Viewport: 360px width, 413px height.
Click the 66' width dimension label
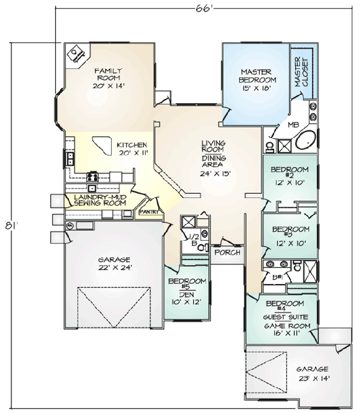pyautogui.click(x=204, y=8)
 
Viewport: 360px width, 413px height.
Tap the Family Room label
pyautogui.click(x=108, y=74)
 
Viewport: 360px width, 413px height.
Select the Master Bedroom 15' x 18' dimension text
pyautogui.click(x=257, y=88)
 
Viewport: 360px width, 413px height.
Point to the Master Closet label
pyautogui.click(x=302, y=72)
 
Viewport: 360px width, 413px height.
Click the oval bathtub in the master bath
pyautogui.click(x=305, y=140)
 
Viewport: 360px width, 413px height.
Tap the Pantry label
pyautogui.click(x=149, y=212)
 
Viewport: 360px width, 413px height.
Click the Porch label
pyautogui.click(x=227, y=252)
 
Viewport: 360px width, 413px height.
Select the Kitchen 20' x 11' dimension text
pyautogui.click(x=134, y=152)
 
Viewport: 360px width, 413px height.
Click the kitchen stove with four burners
pyautogui.click(x=92, y=176)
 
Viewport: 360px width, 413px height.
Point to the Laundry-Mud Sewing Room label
pyautogui.click(x=100, y=200)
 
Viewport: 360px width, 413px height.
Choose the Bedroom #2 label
pyautogui.click(x=290, y=172)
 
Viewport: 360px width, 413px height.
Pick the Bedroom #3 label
pyautogui.click(x=291, y=232)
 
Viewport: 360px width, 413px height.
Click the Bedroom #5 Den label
pyautogui.click(x=187, y=288)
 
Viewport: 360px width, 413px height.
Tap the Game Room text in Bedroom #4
pyautogui.click(x=287, y=326)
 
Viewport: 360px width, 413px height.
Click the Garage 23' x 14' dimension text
pyautogui.click(x=314, y=379)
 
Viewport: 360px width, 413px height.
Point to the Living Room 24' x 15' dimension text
pyautogui.click(x=215, y=173)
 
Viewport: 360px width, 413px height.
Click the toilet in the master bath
pyautogui.click(x=270, y=147)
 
